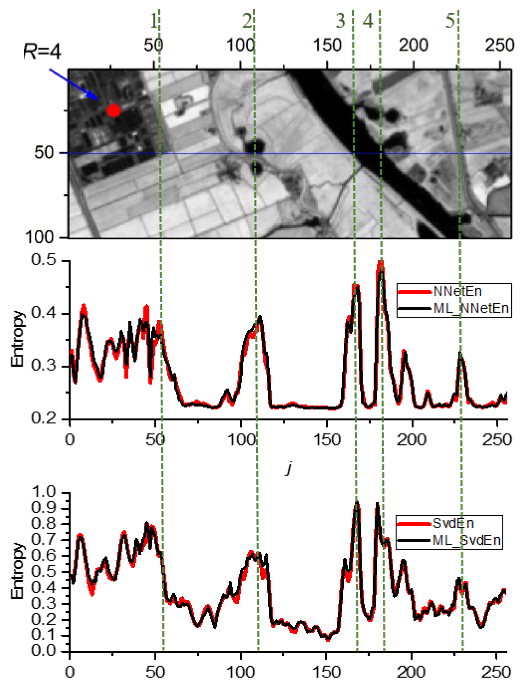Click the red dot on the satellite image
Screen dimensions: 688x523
[114, 110]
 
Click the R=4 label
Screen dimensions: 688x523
[42, 52]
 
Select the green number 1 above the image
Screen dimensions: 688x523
[154, 21]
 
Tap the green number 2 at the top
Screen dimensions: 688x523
[247, 21]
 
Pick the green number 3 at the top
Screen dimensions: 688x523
[340, 21]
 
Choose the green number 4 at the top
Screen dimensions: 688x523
[368, 21]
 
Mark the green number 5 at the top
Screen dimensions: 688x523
[450, 21]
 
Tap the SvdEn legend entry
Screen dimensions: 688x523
[453, 524]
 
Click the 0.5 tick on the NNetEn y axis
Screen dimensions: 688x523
[44, 260]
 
